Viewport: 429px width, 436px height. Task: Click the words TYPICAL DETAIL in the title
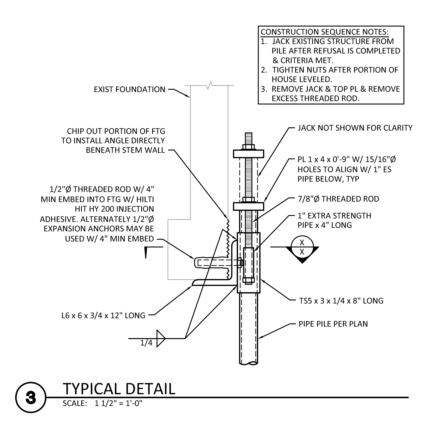coord(119,389)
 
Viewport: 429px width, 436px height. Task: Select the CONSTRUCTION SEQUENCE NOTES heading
coord(325,32)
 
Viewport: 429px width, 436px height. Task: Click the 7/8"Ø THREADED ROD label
coord(338,199)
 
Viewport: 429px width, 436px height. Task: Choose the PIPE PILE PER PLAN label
coord(333,324)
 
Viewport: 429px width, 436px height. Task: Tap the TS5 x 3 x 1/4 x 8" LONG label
coord(341,301)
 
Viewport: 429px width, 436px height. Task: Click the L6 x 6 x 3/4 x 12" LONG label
coord(103,316)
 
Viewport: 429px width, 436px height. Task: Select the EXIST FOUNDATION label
coord(130,90)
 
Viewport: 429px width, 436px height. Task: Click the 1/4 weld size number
coord(146,343)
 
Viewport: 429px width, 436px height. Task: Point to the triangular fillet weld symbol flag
coord(161,339)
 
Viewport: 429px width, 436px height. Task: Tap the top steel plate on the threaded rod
coord(249,154)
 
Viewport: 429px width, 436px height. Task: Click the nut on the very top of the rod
coord(249,146)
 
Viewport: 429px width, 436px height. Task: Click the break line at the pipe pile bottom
coord(249,363)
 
